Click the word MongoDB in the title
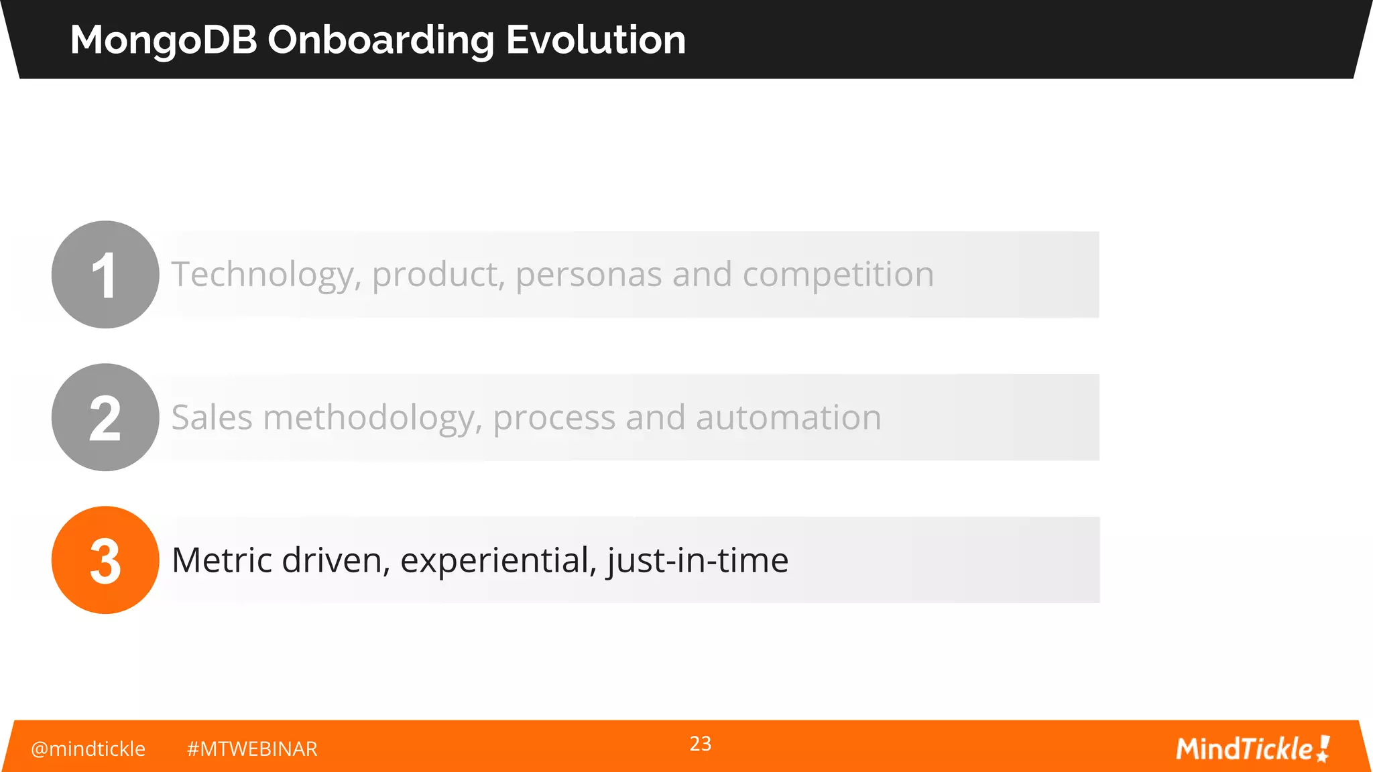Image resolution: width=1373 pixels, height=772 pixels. [164, 40]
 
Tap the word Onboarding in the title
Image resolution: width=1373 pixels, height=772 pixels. [381, 40]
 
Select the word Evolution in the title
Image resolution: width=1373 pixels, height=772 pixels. [595, 40]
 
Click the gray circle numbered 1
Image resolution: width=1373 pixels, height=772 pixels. [105, 275]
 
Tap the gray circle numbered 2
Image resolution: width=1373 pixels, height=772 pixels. [105, 417]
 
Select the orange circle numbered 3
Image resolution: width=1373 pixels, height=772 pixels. [105, 560]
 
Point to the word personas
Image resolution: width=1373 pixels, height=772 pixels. [588, 275]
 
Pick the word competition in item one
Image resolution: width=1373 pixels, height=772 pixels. [837, 275]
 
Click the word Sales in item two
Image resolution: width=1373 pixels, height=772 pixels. [211, 417]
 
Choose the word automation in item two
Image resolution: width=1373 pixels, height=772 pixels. [788, 417]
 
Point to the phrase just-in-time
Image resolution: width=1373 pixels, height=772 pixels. [697, 560]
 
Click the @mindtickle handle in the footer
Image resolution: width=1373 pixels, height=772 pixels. [88, 749]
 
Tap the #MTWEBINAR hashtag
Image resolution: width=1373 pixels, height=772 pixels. [251, 749]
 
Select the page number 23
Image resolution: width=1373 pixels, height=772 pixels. [700, 744]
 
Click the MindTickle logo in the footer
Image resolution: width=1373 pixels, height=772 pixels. [1252, 749]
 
